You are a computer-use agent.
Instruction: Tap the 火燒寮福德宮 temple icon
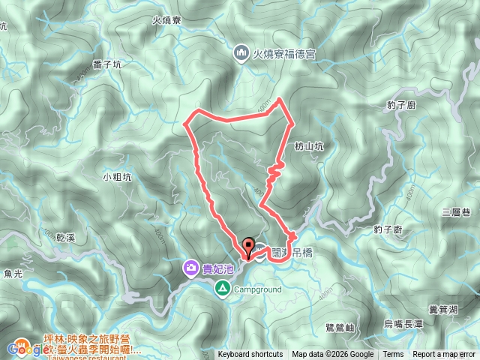point(241,52)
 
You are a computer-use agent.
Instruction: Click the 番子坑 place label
point(107,65)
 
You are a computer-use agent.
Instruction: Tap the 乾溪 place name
point(66,237)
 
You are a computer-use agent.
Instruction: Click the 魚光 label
point(13,273)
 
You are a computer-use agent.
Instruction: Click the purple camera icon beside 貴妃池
point(191,268)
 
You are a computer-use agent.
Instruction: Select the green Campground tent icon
point(223,288)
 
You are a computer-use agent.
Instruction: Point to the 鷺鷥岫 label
point(340,327)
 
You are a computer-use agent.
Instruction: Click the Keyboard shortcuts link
point(250,355)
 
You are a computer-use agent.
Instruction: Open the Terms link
point(393,355)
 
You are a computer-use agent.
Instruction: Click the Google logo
point(25,349)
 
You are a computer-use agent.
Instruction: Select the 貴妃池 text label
point(219,268)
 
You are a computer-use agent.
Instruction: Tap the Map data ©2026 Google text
point(333,355)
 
